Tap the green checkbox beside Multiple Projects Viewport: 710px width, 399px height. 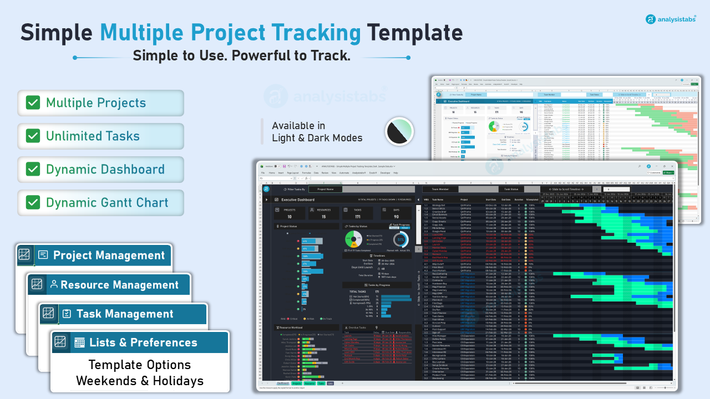(x=33, y=103)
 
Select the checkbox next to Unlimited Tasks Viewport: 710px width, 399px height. (x=33, y=136)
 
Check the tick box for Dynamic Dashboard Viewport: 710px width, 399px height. (x=33, y=170)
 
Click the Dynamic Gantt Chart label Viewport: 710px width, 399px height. (x=107, y=202)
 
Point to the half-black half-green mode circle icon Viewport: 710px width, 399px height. (x=399, y=131)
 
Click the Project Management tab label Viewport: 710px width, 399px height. (x=109, y=255)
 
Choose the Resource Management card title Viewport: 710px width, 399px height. (x=119, y=285)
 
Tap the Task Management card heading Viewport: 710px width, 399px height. (x=125, y=314)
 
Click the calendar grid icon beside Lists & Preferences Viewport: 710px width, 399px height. (x=79, y=342)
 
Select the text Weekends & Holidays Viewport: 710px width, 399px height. (x=140, y=381)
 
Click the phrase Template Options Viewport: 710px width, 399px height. (x=140, y=365)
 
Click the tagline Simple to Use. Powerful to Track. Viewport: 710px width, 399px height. (x=241, y=56)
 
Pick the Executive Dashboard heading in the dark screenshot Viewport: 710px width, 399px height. (x=298, y=199)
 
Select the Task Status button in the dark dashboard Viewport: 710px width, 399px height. (x=512, y=189)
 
